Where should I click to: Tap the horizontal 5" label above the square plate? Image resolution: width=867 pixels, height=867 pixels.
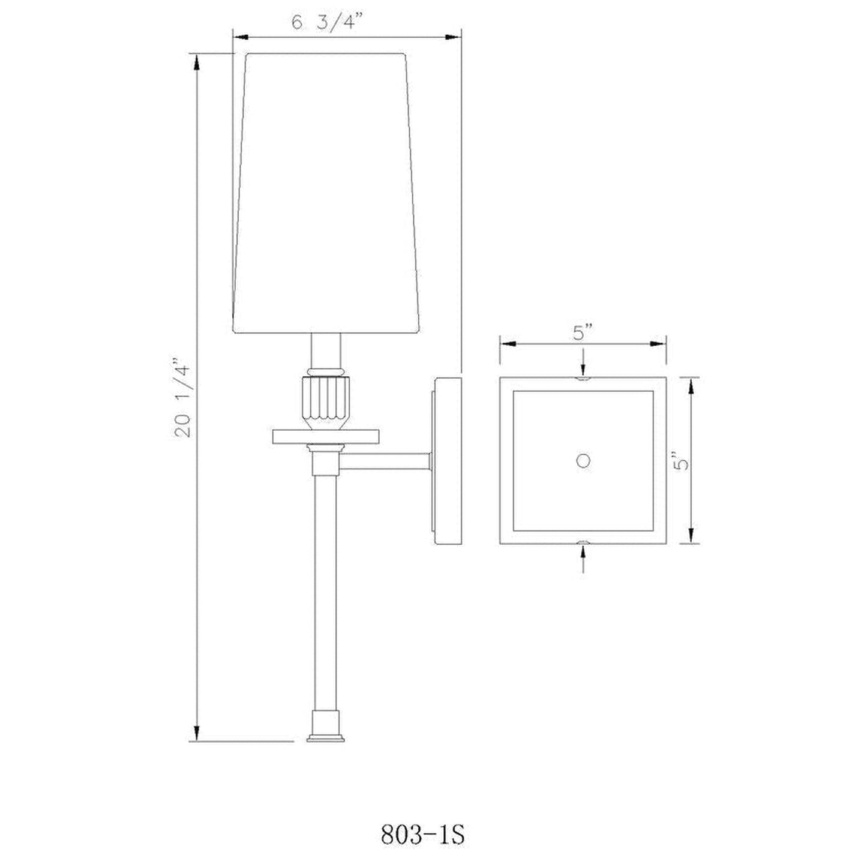(x=582, y=332)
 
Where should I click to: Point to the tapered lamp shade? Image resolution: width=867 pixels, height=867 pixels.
(x=325, y=192)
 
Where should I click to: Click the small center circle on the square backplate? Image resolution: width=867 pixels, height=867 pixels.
(x=583, y=461)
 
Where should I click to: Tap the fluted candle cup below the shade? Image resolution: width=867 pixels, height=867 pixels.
(x=326, y=400)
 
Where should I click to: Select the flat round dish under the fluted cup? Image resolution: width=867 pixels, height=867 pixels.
(x=326, y=436)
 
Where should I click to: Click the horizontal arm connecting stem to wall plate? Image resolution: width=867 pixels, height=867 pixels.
(x=385, y=461)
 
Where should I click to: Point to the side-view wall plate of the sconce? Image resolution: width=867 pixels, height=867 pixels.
(x=447, y=461)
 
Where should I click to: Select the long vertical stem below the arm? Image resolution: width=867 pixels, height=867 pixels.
(x=326, y=588)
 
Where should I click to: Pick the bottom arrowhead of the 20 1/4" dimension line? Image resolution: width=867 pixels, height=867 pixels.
(x=196, y=733)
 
